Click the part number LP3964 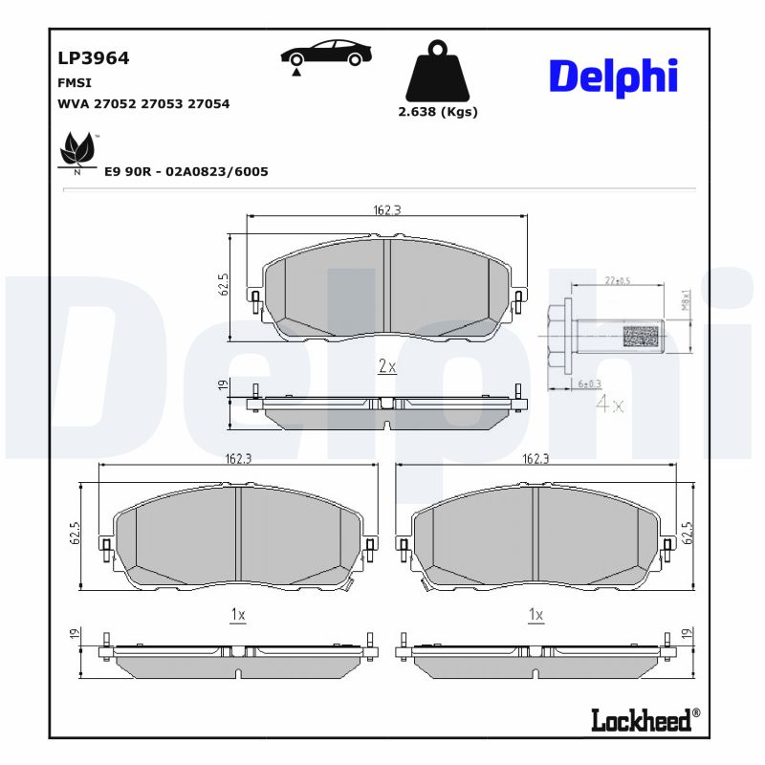94,58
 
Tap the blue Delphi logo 613,76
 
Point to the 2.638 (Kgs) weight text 437,112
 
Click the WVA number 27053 162,104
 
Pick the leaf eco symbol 76,153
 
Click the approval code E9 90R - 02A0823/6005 186,172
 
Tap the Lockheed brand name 641,720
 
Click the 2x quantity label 387,366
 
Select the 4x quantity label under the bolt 609,404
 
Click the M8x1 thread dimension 686,301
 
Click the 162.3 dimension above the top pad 386,210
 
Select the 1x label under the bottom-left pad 238,615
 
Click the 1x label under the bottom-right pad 535,615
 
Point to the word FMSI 75,83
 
